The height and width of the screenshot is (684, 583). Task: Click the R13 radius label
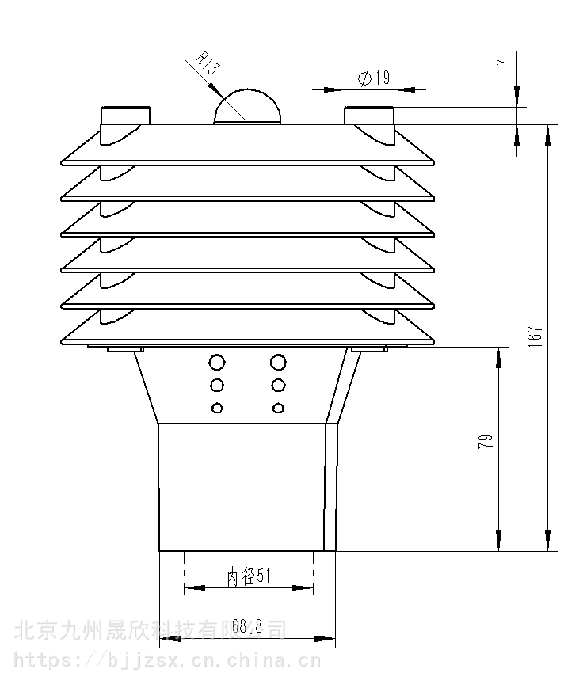point(208,63)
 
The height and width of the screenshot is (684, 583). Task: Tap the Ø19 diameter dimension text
point(374,78)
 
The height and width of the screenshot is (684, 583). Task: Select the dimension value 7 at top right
point(504,62)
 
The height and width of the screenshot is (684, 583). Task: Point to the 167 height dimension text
point(535,336)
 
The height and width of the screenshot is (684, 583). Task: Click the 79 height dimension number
point(486,441)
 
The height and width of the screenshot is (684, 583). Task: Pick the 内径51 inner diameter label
point(248,576)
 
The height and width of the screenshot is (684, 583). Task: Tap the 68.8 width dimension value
point(247,626)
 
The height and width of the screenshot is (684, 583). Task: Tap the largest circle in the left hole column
point(217,362)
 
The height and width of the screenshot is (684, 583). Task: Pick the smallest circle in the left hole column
point(217,408)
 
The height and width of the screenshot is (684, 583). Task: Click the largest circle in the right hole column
point(278,362)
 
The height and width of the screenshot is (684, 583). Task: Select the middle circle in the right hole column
point(278,386)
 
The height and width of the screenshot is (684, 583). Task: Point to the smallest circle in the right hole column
point(278,408)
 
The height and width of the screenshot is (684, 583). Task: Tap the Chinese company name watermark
point(151,630)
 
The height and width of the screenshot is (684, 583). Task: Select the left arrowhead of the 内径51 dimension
point(194,588)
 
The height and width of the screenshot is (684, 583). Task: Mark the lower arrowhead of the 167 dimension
point(548,541)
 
